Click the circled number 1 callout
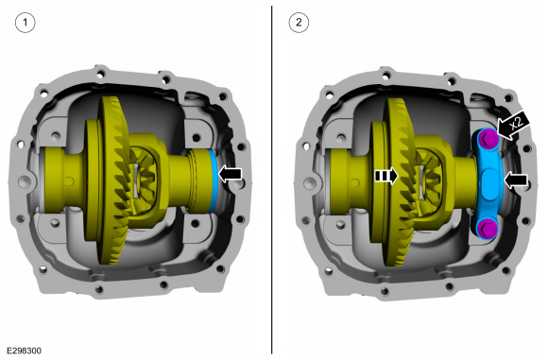26,23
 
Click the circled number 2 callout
299,23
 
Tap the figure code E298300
25,351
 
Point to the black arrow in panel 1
230,174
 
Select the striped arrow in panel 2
386,176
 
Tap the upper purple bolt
488,138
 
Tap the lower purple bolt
488,228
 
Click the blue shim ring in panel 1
213,180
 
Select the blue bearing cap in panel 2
488,182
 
